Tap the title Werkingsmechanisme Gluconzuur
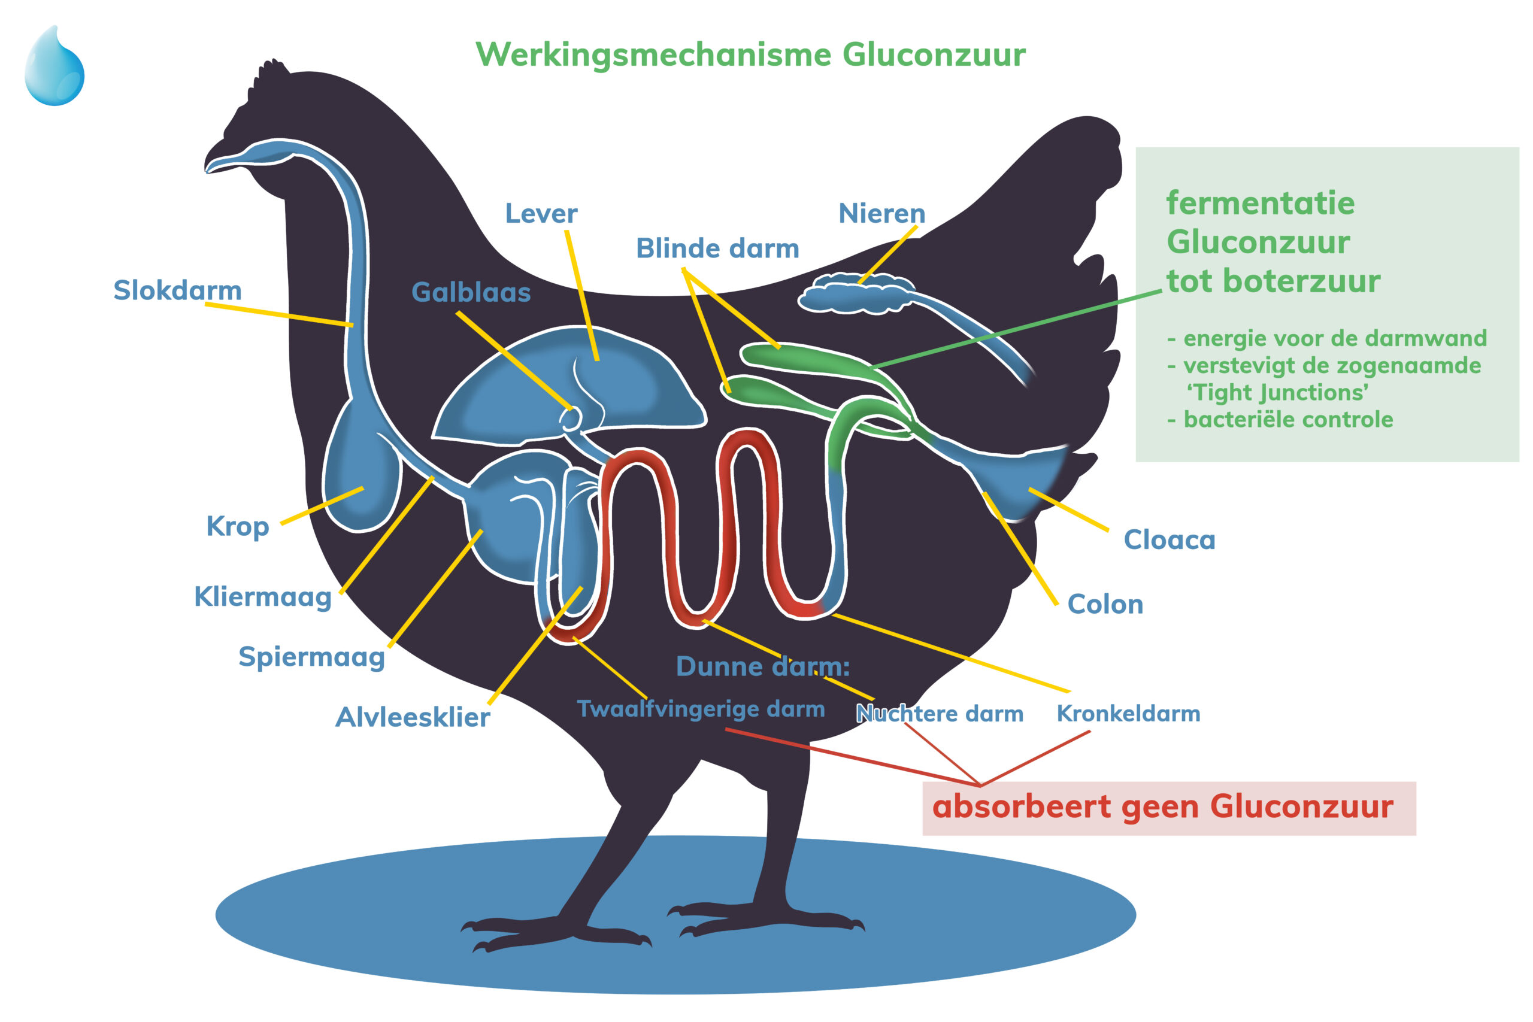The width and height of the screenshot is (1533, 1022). tap(750, 54)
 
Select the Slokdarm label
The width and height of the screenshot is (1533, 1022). tap(177, 291)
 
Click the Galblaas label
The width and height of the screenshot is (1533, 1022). tap(471, 293)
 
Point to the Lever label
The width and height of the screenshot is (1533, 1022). tap(541, 214)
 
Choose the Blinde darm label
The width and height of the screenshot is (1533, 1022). tap(717, 249)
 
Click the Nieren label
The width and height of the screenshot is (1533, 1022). tap(881, 214)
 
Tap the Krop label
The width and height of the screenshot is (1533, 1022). tap(237, 527)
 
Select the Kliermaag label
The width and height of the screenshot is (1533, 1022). tap(263, 597)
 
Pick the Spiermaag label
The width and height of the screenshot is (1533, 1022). tap(311, 657)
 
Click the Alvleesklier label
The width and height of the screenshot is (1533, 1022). tap(412, 718)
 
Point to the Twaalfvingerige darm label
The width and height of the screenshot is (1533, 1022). tap(701, 709)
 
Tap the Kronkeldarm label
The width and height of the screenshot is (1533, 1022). tap(1128, 714)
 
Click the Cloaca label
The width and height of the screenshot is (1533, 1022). tap(1170, 540)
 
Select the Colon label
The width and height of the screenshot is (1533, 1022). tap(1105, 605)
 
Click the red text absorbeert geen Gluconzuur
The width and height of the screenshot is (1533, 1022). tap(1163, 807)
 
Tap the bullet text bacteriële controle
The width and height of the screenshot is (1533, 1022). tap(1287, 420)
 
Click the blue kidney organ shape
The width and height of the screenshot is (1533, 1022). tap(854, 295)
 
